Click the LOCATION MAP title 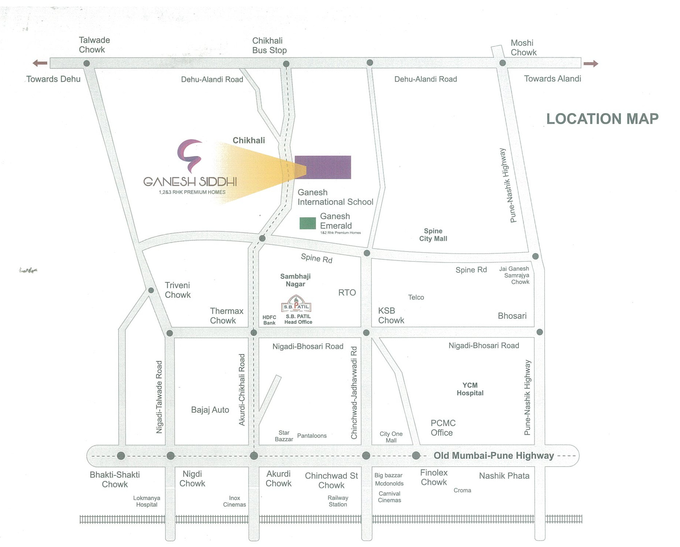pyautogui.click(x=602, y=119)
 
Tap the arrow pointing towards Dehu pyautogui.click(x=40, y=63)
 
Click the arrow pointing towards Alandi pyautogui.click(x=591, y=64)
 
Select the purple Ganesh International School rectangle pyautogui.click(x=323, y=167)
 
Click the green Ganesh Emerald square pyautogui.click(x=308, y=223)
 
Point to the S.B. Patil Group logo pyautogui.click(x=296, y=304)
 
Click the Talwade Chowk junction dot pyautogui.click(x=87, y=63)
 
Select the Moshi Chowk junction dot pyautogui.click(x=503, y=63)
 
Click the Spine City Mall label pyautogui.click(x=433, y=235)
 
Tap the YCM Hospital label pyautogui.click(x=470, y=389)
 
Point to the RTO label pyautogui.click(x=347, y=293)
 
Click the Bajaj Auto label pyautogui.click(x=210, y=410)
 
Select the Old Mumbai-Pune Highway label pyautogui.click(x=494, y=456)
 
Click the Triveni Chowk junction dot pyautogui.click(x=151, y=290)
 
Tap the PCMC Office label pyautogui.click(x=443, y=428)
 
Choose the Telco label pyautogui.click(x=416, y=297)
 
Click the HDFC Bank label pyautogui.click(x=269, y=320)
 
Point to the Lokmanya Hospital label pyautogui.click(x=146, y=501)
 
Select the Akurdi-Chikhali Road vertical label pyautogui.click(x=242, y=390)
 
